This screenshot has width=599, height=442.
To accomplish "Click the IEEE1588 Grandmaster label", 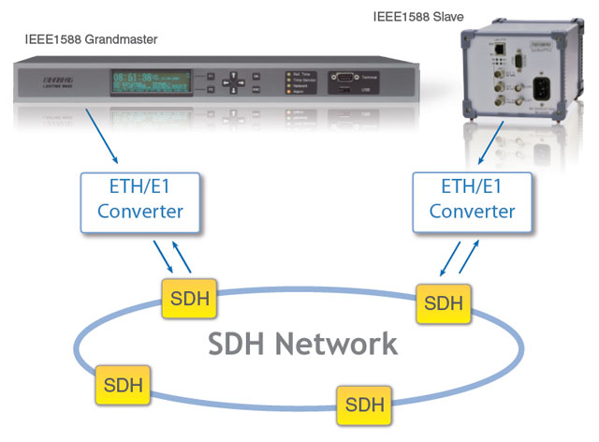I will click(92, 38).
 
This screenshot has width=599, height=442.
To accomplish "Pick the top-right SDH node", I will click(444, 302).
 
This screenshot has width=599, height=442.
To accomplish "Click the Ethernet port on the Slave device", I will click(502, 47).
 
